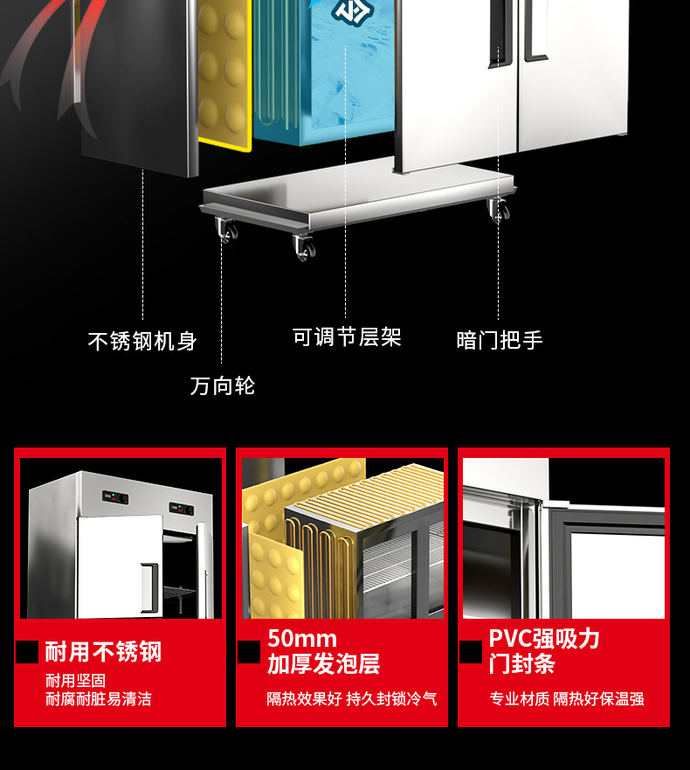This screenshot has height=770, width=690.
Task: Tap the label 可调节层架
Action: pyautogui.click(x=347, y=337)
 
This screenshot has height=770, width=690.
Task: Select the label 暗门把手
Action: pyautogui.click(x=500, y=340)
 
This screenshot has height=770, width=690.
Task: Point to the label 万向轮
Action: pyautogui.click(x=223, y=385)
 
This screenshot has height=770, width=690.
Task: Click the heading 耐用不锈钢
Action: pyautogui.click(x=103, y=652)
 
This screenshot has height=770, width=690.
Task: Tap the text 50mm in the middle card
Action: pyautogui.click(x=301, y=638)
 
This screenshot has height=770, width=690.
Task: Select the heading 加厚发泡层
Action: pyautogui.click(x=323, y=664)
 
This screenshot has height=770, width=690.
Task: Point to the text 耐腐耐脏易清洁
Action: pyautogui.click(x=99, y=699)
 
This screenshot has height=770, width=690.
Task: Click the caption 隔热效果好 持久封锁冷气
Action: pyautogui.click(x=352, y=699)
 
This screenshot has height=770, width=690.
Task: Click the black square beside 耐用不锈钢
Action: pyautogui.click(x=28, y=652)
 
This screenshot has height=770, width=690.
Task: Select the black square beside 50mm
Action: pyautogui.click(x=250, y=652)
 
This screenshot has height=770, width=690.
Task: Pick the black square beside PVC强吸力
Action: pyautogui.click(x=471, y=652)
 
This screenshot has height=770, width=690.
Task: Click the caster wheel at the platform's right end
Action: pyautogui.click(x=499, y=210)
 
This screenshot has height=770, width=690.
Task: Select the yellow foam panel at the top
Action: pyautogui.click(x=224, y=70)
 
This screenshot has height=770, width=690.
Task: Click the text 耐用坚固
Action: pyautogui.click(x=76, y=680)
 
